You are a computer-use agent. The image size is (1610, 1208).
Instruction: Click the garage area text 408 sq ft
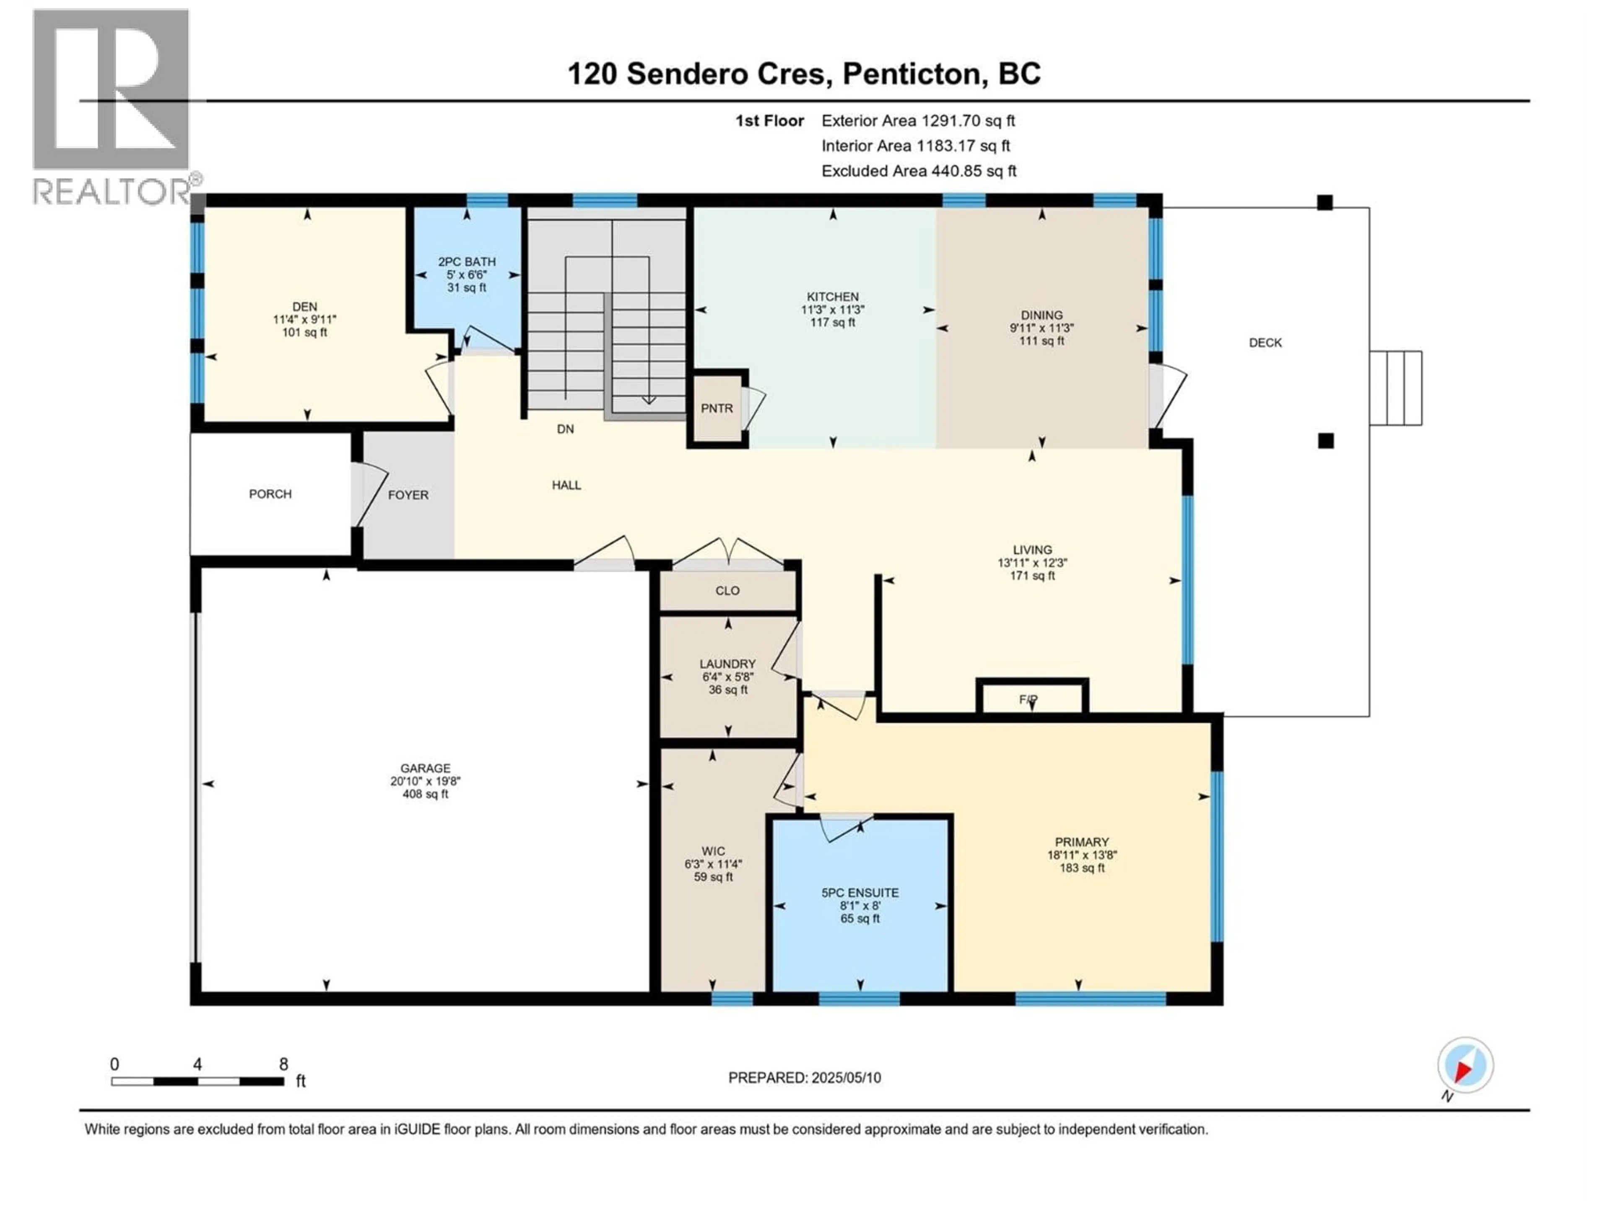coord(425,794)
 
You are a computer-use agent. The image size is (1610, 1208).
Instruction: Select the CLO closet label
coord(727,591)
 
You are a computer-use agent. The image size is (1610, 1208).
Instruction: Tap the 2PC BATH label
coord(467,261)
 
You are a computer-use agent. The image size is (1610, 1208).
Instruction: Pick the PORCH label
coord(270,494)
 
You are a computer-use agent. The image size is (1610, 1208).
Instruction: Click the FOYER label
coord(408,495)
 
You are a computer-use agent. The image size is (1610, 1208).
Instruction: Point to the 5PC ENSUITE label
coord(860,893)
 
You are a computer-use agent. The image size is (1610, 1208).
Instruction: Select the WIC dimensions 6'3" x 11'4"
coord(713,864)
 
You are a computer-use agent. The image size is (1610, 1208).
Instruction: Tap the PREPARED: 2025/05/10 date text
coord(804,1078)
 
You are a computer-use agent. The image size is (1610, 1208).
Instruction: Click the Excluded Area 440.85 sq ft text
coord(919,171)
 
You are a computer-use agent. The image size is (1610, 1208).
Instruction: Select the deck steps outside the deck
coord(1395,388)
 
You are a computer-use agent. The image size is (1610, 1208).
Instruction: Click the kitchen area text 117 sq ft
coord(833,323)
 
